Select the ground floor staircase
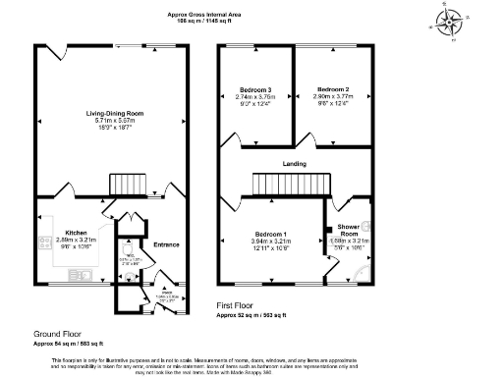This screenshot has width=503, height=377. [127, 184]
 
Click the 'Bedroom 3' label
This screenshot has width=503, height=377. [255, 90]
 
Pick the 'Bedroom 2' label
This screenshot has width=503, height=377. [333, 87]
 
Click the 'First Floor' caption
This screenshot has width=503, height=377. [239, 306]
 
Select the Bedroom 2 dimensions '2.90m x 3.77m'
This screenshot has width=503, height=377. [333, 96]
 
